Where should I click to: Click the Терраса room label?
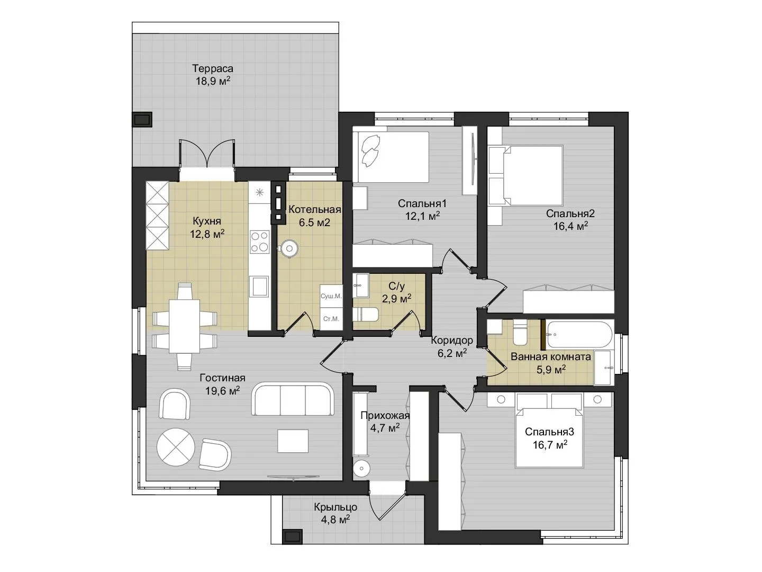[212, 68]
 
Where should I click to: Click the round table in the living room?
[175, 448]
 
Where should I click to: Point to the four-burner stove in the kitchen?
[260, 242]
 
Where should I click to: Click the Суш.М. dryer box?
[331, 296]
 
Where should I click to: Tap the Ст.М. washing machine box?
[331, 318]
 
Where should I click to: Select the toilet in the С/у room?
[365, 315]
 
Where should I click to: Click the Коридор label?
[452, 340]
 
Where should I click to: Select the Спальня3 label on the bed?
[549, 432]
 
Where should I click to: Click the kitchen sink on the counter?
[260, 286]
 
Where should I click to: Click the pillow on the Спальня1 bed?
[370, 150]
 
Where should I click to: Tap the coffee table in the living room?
[293, 441]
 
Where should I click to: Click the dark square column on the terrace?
[142, 120]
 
